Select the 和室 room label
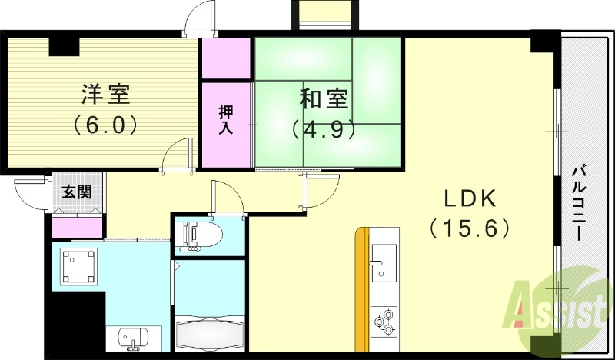(x=324, y=99)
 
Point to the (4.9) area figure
(x=324, y=128)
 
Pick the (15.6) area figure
(x=470, y=228)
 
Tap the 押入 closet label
(x=227, y=122)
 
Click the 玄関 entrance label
(x=75, y=192)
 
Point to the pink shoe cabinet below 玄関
(x=77, y=227)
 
